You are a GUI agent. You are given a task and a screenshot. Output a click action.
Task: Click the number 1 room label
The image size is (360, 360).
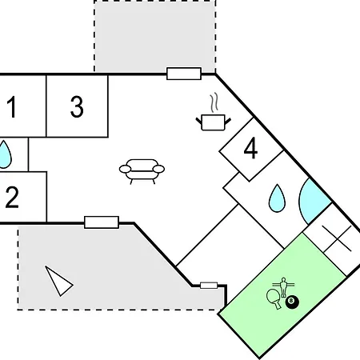click(x=11, y=106)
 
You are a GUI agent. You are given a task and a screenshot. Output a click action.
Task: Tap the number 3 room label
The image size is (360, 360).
click(x=77, y=106)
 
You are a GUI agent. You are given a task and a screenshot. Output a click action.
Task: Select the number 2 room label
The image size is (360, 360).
click(x=12, y=197)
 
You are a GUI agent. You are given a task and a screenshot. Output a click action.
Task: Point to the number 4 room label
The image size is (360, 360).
click(x=250, y=148)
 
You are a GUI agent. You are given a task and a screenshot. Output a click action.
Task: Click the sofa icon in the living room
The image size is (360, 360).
click(x=142, y=171)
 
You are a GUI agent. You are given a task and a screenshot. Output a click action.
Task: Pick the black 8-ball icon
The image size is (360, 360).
click(x=292, y=302)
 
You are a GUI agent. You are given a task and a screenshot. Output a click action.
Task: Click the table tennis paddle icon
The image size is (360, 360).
click(x=274, y=298)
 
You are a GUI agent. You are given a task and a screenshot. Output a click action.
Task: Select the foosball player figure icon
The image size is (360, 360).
click(x=283, y=286)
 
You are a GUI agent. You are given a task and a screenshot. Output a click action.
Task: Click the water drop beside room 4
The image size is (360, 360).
click(x=277, y=198)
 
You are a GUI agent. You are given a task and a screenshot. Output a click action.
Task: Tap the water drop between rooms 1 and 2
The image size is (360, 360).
click(x=5, y=155)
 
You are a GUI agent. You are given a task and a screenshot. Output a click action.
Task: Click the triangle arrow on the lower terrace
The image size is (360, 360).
click(x=58, y=281)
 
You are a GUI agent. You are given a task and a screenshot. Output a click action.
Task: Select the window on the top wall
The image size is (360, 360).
click(x=184, y=74)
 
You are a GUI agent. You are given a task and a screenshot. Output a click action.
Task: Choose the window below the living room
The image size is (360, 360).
click(x=102, y=222)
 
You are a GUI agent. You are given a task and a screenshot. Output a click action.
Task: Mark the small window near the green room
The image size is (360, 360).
click(x=209, y=286)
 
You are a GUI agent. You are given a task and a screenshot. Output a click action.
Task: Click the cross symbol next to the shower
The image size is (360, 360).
click(x=337, y=238)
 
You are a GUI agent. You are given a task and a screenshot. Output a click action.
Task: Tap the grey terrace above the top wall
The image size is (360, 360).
click(x=155, y=36)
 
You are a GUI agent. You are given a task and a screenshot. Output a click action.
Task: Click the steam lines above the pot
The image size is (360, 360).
click(x=214, y=102)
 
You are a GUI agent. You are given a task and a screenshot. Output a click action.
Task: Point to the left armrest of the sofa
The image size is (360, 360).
click(x=126, y=169)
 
